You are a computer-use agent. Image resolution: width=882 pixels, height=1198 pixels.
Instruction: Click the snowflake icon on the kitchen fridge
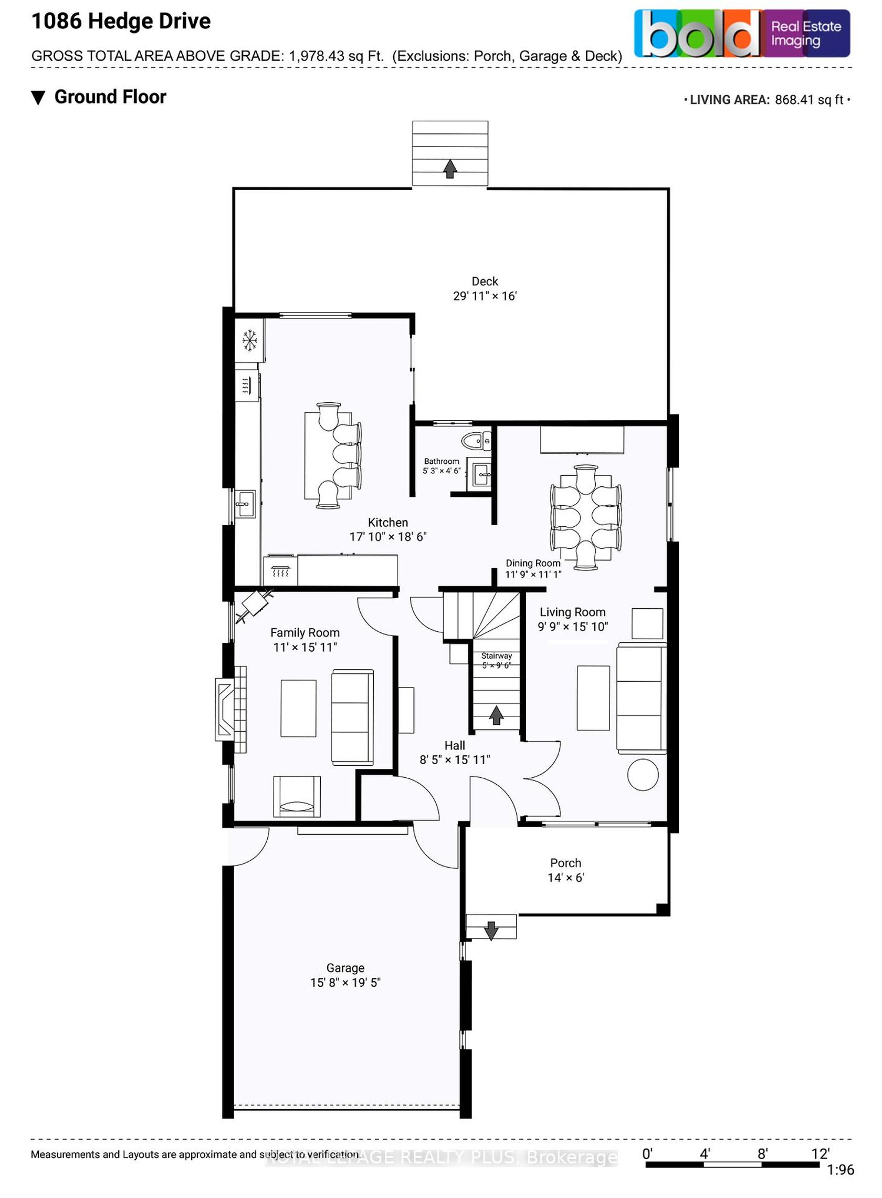click(x=249, y=340)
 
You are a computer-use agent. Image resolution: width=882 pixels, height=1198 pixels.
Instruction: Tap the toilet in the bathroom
click(x=476, y=441)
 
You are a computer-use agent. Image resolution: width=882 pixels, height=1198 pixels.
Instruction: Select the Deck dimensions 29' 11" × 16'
click(x=485, y=296)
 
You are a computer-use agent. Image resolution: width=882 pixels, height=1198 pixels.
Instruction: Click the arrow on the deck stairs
click(x=450, y=169)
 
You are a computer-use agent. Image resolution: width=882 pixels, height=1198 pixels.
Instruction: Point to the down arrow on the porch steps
click(x=491, y=931)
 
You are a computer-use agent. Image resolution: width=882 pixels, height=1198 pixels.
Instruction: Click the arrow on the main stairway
click(x=497, y=715)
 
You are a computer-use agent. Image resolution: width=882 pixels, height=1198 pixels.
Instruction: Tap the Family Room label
click(x=305, y=633)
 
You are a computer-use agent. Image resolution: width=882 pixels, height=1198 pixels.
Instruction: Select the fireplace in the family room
click(x=230, y=709)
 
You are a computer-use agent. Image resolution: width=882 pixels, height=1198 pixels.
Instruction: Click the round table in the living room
click(x=643, y=775)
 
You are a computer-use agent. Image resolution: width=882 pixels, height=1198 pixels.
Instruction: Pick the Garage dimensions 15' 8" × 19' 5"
click(x=345, y=982)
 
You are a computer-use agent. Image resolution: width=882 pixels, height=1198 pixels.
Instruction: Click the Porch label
click(x=566, y=862)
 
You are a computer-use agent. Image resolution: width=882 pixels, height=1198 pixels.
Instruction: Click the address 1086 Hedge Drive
click(x=121, y=22)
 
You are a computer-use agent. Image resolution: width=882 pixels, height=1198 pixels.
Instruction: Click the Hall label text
click(x=455, y=746)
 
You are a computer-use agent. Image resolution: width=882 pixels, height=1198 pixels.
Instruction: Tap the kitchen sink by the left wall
click(x=246, y=503)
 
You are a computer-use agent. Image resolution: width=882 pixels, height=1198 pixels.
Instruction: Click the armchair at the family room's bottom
click(x=297, y=796)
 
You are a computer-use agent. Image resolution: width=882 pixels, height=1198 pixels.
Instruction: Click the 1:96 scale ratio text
click(x=841, y=1170)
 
